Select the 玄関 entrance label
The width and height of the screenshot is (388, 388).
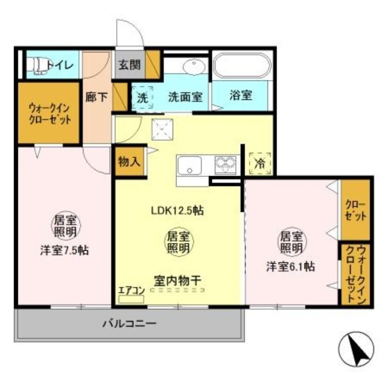[129, 64]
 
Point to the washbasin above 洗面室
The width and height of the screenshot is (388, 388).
[194, 65]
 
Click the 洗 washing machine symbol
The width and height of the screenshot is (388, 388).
[142, 96]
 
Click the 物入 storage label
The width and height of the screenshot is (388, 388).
[129, 162]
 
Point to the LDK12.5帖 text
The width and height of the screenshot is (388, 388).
[177, 210]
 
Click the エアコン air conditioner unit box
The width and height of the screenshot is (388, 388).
[131, 298]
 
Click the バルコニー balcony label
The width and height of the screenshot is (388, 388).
[129, 323]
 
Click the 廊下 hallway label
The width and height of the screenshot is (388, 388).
[97, 97]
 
